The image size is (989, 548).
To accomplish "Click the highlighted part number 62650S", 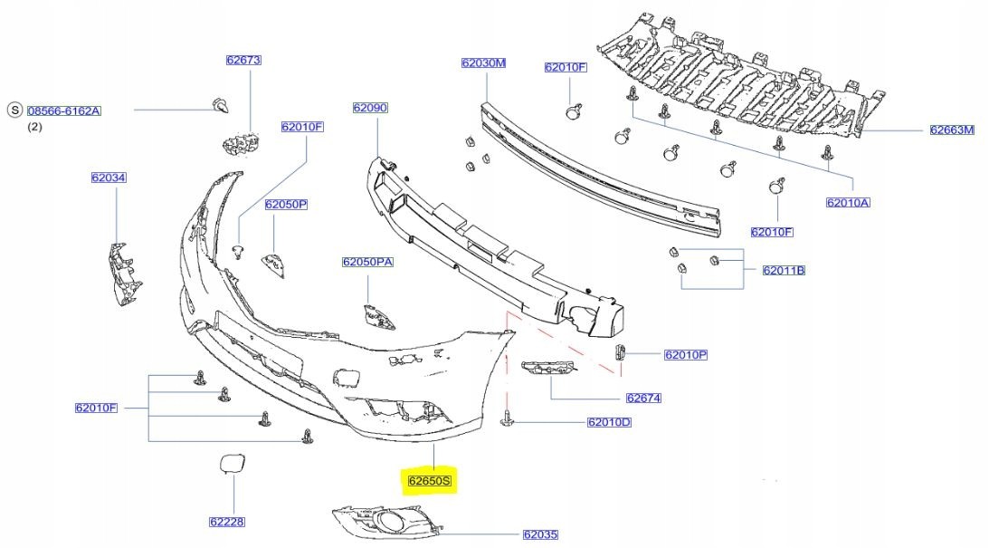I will point(430,480).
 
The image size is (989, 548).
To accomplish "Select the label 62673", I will point(243,61).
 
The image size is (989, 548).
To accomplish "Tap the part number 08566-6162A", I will point(63,111).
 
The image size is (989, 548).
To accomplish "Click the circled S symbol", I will point(14,111).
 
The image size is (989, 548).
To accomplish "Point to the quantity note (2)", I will point(34,127).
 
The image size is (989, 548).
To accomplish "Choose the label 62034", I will point(108,178).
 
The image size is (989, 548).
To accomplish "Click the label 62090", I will point(370,108).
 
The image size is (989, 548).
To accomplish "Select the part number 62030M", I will point(483,63).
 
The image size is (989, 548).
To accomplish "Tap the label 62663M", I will point(952,130).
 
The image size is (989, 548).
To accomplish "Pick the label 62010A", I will point(848,203).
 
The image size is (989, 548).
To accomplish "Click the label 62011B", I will point(784,270).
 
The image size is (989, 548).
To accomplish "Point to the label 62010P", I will point(685,355).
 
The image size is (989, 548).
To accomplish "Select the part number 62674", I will point(642,398).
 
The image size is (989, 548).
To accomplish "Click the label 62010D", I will point(609,422).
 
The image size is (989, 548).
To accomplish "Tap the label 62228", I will point(227,522).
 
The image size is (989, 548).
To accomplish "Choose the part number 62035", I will point(540,534).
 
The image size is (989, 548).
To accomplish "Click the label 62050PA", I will point(367,262).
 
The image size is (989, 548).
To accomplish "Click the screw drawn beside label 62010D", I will point(508,418).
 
